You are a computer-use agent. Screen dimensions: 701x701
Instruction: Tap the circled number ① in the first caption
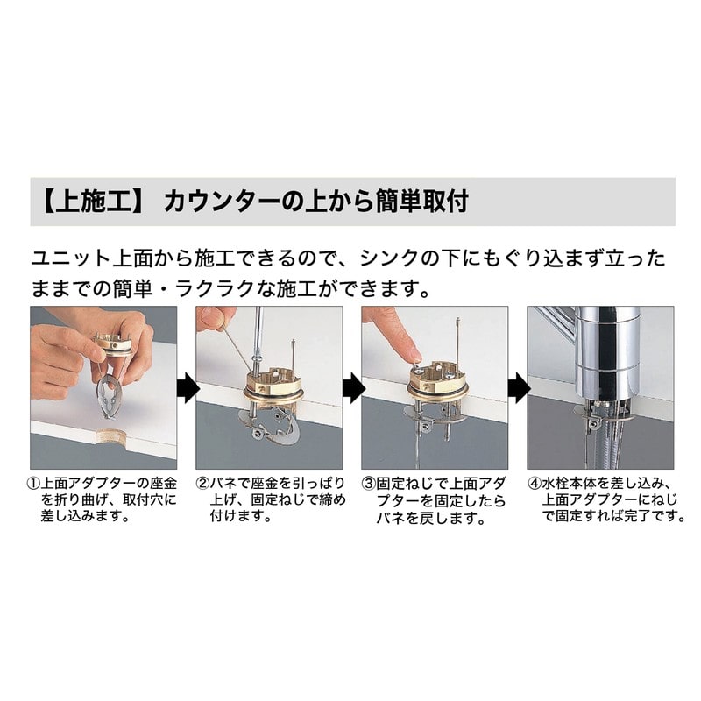tap(33, 485)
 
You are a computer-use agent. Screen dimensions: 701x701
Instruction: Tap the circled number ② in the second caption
tap(202, 485)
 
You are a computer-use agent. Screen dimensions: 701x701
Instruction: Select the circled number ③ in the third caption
tap(368, 485)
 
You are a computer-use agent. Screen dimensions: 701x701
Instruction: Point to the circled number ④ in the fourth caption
tap(535, 485)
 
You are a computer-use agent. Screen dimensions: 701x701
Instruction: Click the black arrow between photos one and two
tap(188, 388)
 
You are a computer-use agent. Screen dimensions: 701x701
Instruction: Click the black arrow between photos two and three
tap(353, 388)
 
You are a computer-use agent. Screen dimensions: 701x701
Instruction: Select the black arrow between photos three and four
tap(518, 388)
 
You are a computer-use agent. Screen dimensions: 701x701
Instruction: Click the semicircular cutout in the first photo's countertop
tap(110, 434)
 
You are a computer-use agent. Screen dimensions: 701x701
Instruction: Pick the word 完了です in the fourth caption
tap(654, 516)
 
